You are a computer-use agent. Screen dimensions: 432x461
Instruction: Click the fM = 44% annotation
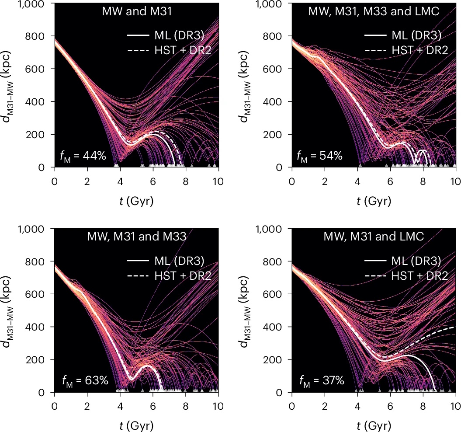pyautogui.click(x=83, y=155)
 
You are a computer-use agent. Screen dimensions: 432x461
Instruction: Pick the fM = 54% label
pyautogui.click(x=320, y=155)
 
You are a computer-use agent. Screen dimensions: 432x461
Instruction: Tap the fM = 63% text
pyautogui.click(x=83, y=380)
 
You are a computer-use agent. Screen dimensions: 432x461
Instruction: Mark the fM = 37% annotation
pyautogui.click(x=320, y=380)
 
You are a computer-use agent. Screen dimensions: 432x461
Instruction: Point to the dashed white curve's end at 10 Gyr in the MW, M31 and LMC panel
pyautogui.click(x=454, y=327)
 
